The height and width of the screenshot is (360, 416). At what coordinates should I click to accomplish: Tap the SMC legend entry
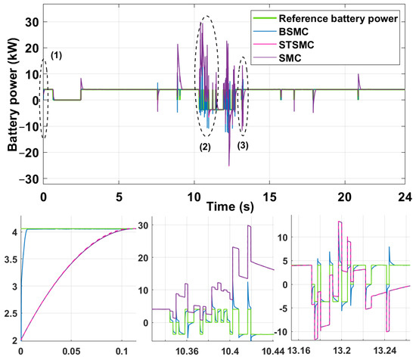point(297,61)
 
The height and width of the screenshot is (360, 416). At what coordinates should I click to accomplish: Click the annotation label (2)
point(205,147)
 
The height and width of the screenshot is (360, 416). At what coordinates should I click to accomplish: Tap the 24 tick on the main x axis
point(408,195)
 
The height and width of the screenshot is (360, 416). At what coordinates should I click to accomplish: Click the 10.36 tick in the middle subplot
point(187,352)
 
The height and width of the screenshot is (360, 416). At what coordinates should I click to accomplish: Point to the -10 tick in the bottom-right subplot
point(283,332)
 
